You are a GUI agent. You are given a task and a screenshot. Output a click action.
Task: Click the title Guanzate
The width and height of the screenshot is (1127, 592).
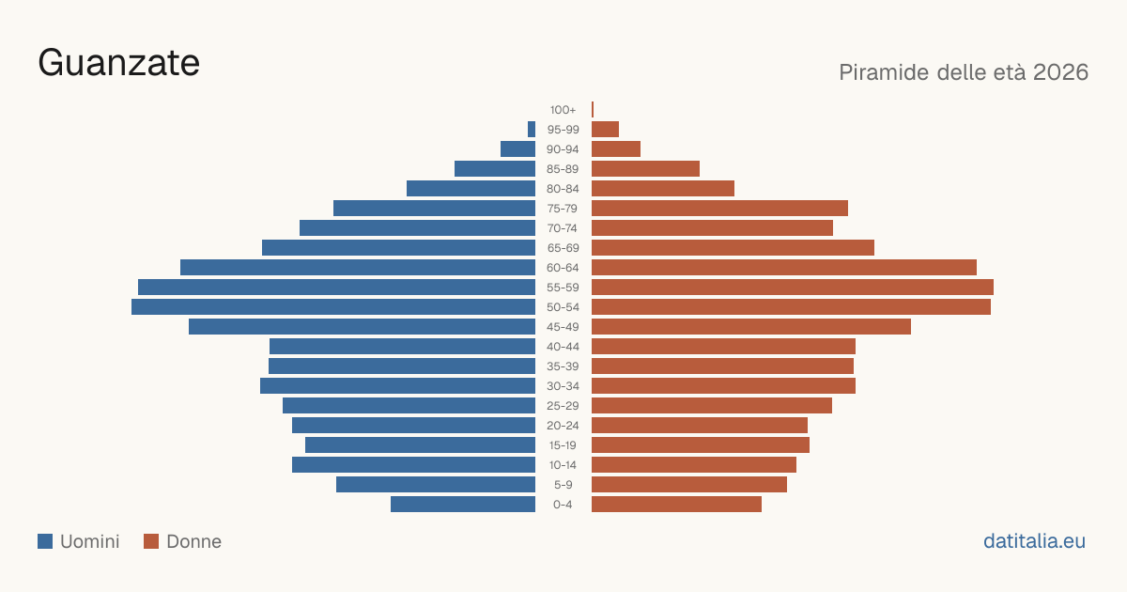point(118,63)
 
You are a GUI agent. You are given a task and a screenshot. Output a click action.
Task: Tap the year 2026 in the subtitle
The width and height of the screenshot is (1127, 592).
point(1060,72)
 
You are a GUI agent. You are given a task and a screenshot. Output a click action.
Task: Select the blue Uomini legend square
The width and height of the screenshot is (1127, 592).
point(45,541)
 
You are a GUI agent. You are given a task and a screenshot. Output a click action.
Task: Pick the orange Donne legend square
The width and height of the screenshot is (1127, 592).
point(151,541)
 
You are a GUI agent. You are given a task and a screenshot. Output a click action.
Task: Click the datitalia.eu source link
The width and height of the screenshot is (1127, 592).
point(1034,541)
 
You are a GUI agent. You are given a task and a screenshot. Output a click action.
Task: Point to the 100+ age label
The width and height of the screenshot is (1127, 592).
point(563,110)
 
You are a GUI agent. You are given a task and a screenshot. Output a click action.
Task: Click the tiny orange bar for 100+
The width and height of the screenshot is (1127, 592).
point(593,109)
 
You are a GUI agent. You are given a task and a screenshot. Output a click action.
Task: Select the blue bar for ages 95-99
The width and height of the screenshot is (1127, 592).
point(532,130)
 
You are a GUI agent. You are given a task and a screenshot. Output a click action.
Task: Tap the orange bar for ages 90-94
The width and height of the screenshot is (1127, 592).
point(616,149)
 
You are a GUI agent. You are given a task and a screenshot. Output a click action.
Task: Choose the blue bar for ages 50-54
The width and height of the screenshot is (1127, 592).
point(333,307)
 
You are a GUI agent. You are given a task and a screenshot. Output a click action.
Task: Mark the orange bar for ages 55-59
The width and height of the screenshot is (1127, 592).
point(793,287)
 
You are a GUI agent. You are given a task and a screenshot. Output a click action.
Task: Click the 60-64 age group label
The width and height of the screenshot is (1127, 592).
point(563,268)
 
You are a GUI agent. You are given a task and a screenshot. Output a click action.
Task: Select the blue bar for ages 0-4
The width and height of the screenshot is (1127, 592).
point(463,505)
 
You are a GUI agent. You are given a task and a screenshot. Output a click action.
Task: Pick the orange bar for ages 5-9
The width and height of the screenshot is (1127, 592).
point(689,484)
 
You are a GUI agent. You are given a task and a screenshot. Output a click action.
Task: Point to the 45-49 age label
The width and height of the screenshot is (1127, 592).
point(563,327)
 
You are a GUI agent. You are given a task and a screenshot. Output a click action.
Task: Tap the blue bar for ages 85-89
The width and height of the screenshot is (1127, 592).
point(495,168)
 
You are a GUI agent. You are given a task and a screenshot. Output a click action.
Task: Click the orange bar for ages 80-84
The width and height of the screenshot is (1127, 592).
point(663,188)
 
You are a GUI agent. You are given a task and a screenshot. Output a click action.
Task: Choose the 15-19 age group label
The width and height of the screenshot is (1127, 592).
point(563,445)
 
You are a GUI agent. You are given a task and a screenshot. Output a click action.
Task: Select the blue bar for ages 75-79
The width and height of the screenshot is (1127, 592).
point(434,209)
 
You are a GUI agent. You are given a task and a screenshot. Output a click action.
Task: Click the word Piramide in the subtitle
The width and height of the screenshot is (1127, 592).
point(884,72)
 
